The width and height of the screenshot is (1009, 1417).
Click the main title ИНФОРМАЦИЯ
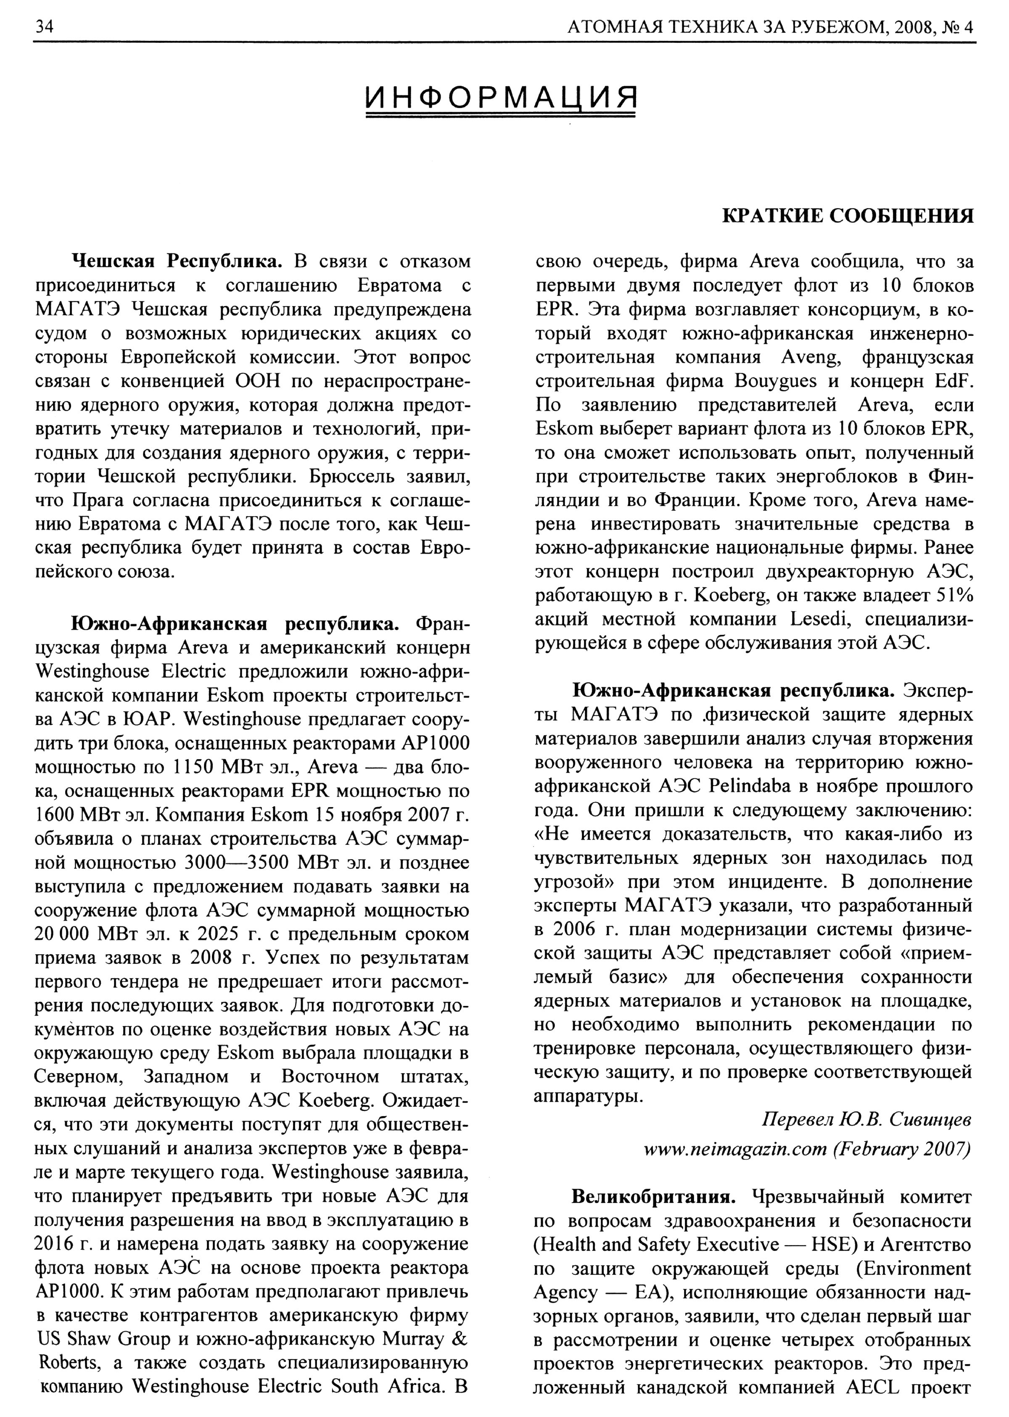(502, 97)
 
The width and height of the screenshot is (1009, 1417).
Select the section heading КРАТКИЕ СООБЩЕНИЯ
(848, 216)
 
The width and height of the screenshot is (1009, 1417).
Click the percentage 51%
(954, 596)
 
